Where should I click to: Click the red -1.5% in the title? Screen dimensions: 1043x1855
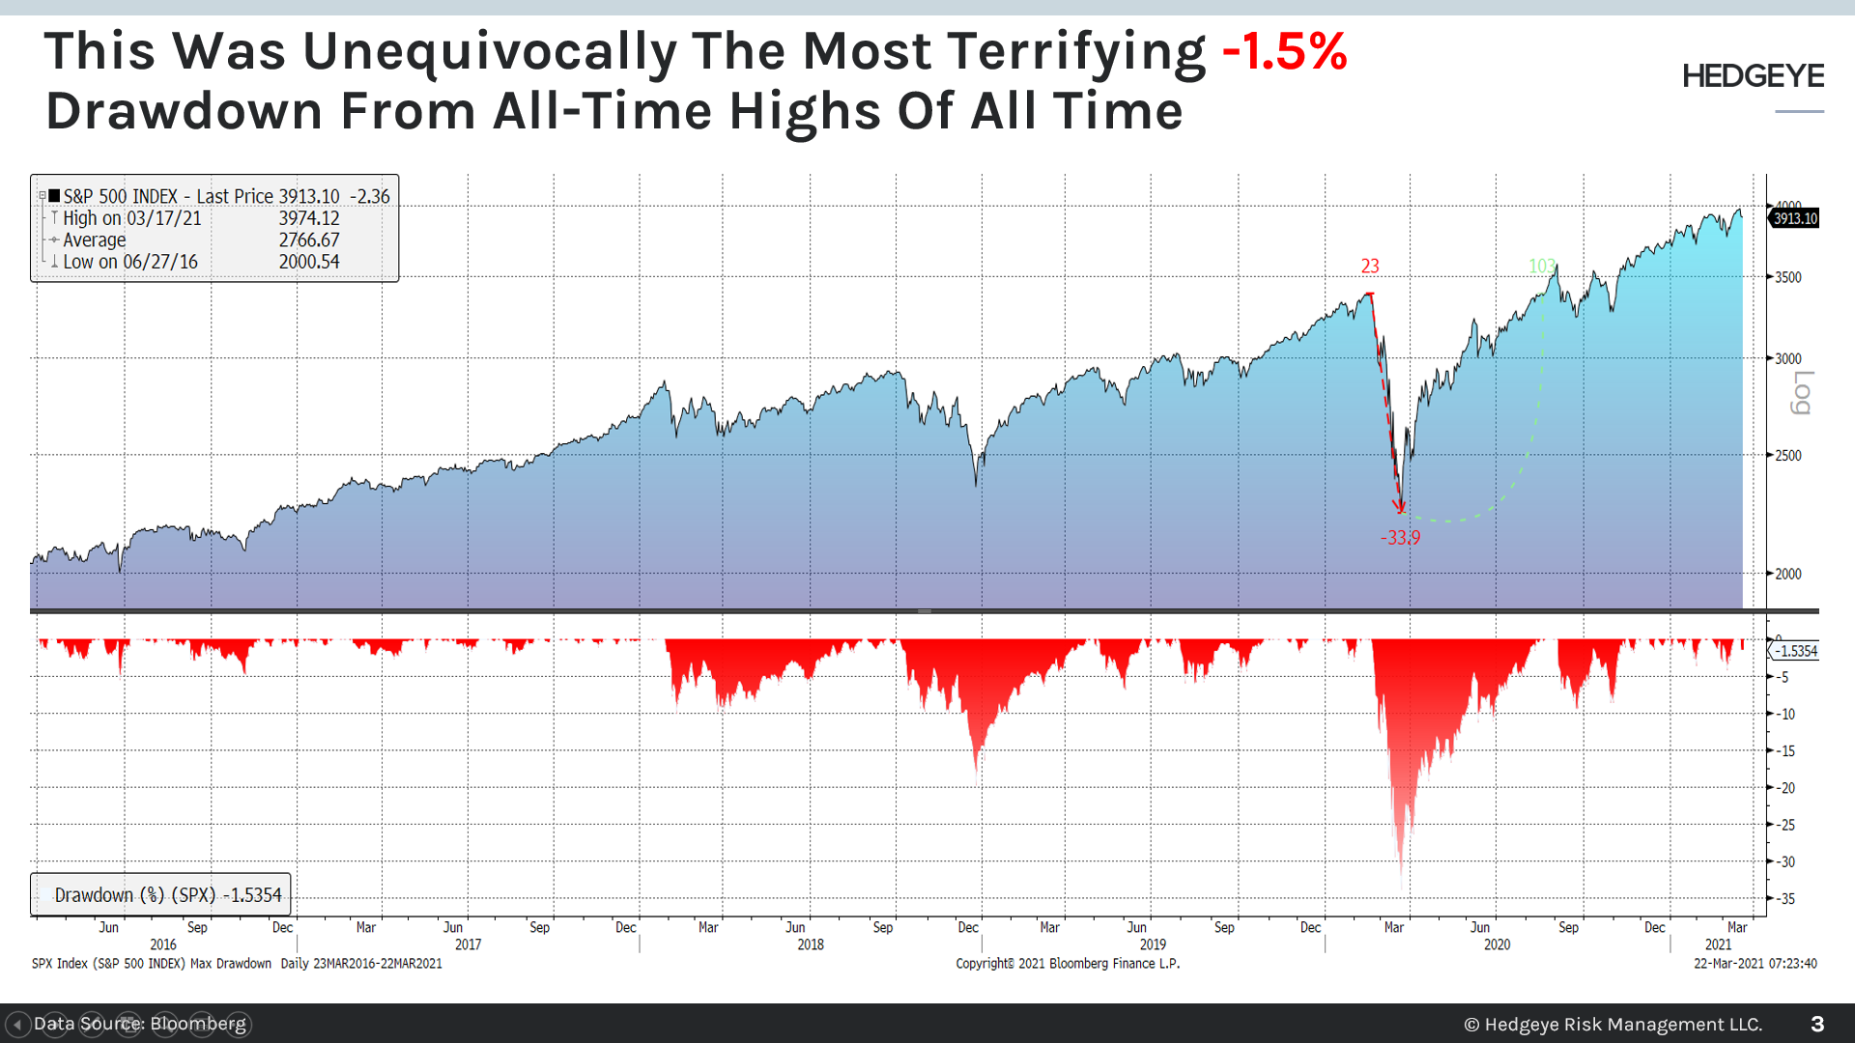(x=1284, y=51)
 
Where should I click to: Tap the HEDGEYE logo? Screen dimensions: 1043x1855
(x=1753, y=76)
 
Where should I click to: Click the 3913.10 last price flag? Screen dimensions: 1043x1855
(x=1795, y=218)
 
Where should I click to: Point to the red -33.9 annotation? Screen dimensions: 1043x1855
(x=1400, y=538)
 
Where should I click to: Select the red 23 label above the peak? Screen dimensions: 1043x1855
(x=1370, y=266)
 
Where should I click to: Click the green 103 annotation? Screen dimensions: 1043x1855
(x=1542, y=266)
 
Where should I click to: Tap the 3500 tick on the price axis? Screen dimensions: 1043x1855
(x=1788, y=277)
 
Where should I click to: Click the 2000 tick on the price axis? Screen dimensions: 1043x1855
(x=1788, y=574)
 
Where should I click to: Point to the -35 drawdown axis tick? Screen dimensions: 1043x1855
(x=1786, y=898)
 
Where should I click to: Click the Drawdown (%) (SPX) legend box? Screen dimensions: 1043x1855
(x=161, y=894)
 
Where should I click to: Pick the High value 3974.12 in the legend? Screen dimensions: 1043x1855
(x=309, y=218)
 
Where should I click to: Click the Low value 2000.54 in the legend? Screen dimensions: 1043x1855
(x=309, y=262)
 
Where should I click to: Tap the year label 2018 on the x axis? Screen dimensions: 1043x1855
(x=811, y=944)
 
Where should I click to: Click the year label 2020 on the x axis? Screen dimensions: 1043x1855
(x=1497, y=944)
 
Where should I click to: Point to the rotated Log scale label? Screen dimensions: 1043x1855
(x=1802, y=392)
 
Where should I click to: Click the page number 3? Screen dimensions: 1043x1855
(x=1817, y=1024)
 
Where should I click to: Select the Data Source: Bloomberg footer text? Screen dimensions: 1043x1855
(x=140, y=1024)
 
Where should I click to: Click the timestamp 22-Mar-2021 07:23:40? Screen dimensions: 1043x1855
(x=1755, y=964)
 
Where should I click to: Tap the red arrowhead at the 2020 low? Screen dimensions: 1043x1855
(x=1399, y=506)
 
